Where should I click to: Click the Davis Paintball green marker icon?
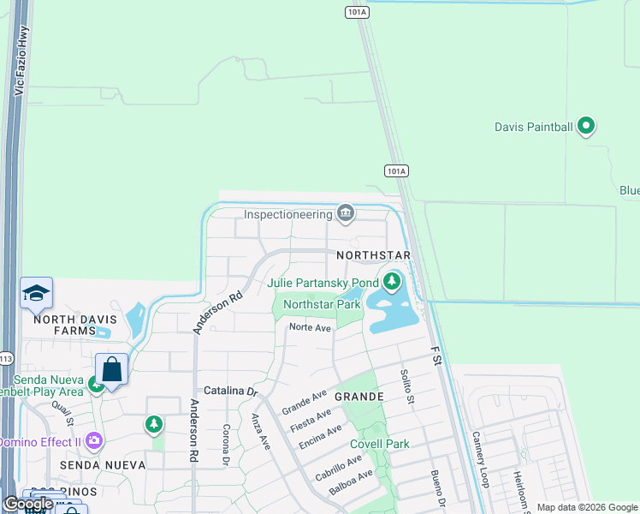[586, 127]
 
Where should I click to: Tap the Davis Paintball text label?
[532, 127]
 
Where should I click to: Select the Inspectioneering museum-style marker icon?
[346, 212]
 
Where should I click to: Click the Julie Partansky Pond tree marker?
[392, 281]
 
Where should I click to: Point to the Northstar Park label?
[322, 304]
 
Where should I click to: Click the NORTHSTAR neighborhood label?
[374, 256]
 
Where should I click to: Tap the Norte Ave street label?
[310, 327]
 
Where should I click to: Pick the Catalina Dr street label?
[230, 391]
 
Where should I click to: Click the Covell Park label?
[379, 444]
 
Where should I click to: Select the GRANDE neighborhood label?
[359, 397]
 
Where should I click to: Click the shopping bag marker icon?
[111, 370]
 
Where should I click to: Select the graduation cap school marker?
[37, 295]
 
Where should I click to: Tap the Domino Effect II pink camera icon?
[94, 442]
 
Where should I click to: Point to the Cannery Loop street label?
[479, 459]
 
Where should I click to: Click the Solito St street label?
[407, 386]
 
